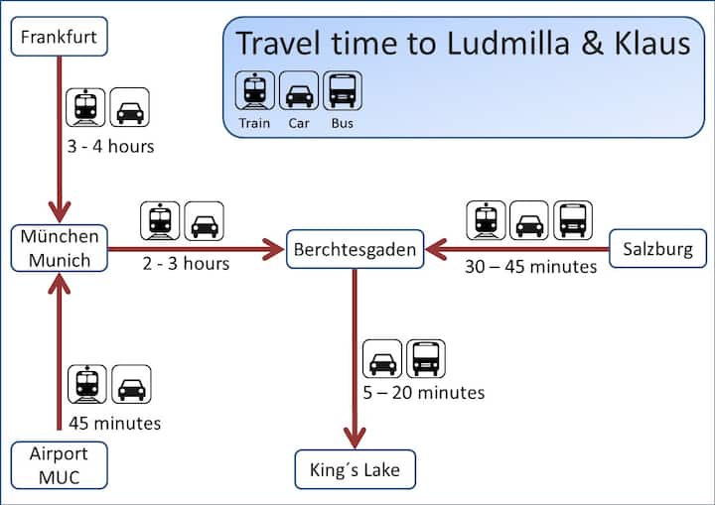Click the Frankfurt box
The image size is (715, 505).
[60, 39]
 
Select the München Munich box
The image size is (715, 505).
[60, 249]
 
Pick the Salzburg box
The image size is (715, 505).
[657, 249]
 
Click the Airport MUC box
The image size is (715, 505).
[60, 466]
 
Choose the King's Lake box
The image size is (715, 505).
[355, 468]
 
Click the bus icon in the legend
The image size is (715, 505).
[342, 91]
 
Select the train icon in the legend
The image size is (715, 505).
[254, 91]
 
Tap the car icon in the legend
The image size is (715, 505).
[298, 91]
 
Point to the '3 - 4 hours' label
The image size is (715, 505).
[109, 147]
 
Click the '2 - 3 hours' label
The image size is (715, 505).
[185, 264]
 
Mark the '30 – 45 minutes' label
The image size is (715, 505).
[530, 266]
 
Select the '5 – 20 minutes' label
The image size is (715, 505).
[424, 393]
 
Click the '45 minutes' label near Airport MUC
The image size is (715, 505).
[114, 424]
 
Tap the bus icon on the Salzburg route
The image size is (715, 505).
[573, 220]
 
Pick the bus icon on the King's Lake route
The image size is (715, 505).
[426, 358]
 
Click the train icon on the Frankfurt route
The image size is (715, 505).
[86, 107]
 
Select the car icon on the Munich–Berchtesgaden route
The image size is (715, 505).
[204, 221]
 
